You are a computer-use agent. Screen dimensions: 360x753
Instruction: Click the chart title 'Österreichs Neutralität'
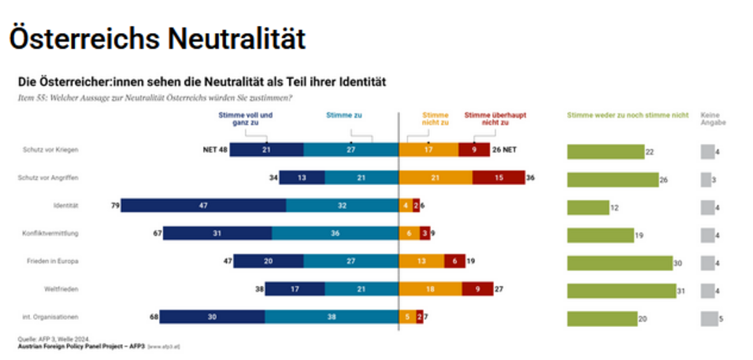(157, 39)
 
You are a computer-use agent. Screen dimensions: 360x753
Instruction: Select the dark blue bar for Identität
(203, 207)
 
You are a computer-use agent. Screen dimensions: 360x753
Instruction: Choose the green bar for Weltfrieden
(621, 291)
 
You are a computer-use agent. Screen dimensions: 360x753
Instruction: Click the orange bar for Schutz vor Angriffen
(436, 179)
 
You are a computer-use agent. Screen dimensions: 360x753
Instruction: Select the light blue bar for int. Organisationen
(332, 318)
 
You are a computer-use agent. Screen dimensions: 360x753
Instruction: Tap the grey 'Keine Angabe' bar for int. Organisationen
(708, 318)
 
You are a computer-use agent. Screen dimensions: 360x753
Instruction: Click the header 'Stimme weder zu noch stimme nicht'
(627, 115)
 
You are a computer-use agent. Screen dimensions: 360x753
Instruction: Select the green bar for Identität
(588, 207)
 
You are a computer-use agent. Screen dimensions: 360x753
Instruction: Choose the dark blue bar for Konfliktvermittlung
(217, 235)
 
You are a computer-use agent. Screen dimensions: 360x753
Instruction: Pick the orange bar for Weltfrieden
(430, 291)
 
